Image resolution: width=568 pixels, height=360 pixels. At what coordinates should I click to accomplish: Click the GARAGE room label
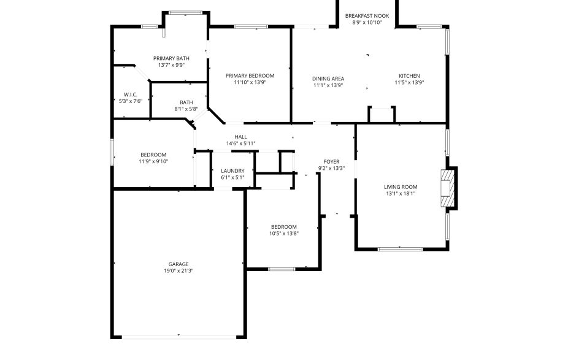pyautogui.click(x=178, y=264)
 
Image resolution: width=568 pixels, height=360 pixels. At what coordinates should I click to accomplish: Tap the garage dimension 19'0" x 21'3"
pyautogui.click(x=178, y=270)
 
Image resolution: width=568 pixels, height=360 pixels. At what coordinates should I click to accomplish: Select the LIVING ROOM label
pyautogui.click(x=401, y=187)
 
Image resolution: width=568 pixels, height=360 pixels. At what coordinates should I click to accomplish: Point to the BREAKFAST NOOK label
pyautogui.click(x=367, y=16)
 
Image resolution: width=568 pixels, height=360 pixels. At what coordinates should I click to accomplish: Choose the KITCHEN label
pyautogui.click(x=409, y=79)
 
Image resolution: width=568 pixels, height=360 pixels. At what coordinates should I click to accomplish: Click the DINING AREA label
pyautogui.click(x=328, y=79)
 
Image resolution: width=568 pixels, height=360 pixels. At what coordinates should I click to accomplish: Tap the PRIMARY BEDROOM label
pyautogui.click(x=250, y=75)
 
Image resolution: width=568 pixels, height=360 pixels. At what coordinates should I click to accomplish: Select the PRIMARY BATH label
pyautogui.click(x=171, y=58)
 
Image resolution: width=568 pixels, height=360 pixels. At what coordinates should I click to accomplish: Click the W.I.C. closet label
pyautogui.click(x=129, y=94)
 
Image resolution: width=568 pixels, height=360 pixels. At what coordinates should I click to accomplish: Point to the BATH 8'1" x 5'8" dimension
pyautogui.click(x=186, y=109)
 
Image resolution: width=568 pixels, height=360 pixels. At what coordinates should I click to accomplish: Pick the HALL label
pyautogui.click(x=240, y=137)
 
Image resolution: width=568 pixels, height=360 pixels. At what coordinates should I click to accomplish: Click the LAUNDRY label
pyautogui.click(x=232, y=171)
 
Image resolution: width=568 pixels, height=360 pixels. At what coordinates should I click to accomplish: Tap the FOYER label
pyautogui.click(x=331, y=162)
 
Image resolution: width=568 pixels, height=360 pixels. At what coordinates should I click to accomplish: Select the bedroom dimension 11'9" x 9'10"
pyautogui.click(x=153, y=161)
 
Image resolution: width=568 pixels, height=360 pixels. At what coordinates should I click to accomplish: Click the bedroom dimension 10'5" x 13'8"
pyautogui.click(x=284, y=233)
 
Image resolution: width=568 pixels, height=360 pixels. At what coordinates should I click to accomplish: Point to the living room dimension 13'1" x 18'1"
pyautogui.click(x=401, y=194)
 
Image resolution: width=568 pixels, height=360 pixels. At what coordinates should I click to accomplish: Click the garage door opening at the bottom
pyautogui.click(x=178, y=336)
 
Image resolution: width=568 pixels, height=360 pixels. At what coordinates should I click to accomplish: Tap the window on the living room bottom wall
pyautogui.click(x=400, y=248)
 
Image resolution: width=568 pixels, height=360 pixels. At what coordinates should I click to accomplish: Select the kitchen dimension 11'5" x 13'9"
pyautogui.click(x=409, y=85)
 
